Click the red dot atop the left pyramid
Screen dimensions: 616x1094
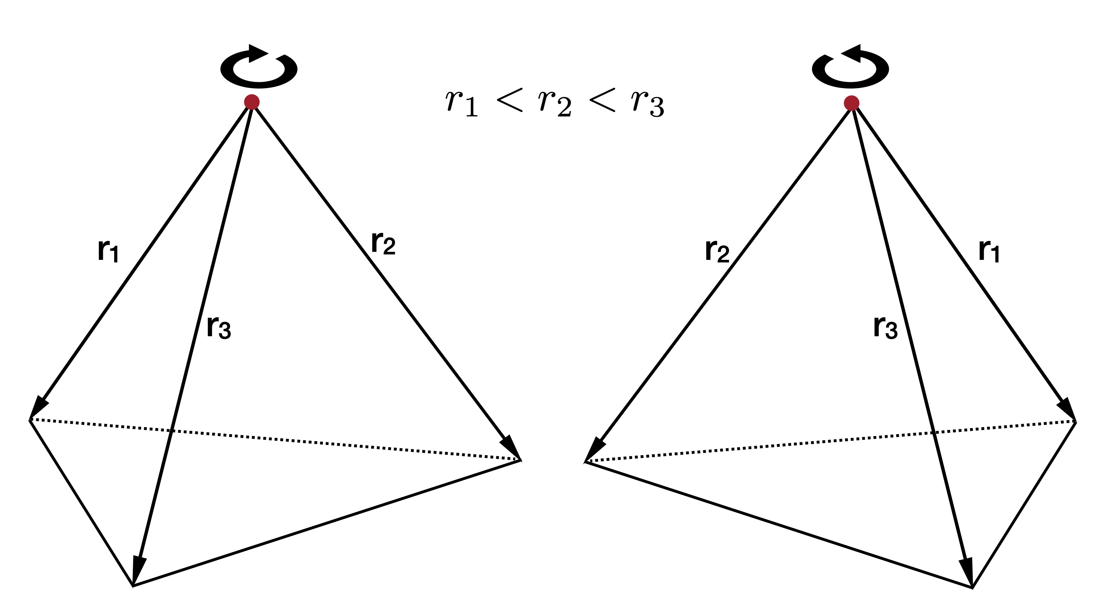[x=252, y=102]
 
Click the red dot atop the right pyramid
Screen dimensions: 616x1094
[x=851, y=103]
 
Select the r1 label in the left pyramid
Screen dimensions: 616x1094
[x=108, y=251]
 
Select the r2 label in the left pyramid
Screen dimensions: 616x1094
[x=383, y=243]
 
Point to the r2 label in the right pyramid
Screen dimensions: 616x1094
[x=717, y=251]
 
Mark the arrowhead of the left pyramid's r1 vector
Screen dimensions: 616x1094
[x=38, y=407]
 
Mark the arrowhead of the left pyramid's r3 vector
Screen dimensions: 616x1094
[x=138, y=570]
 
